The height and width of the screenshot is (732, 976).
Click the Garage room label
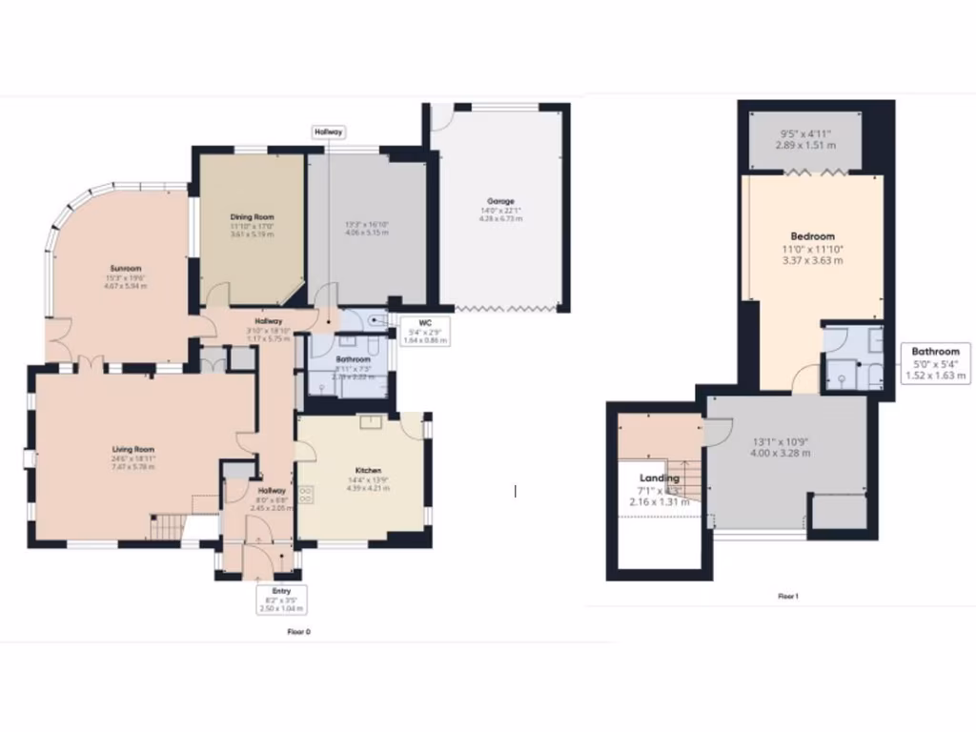pos(500,201)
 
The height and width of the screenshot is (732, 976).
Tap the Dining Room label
pos(252,216)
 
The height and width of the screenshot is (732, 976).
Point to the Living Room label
pos(132,449)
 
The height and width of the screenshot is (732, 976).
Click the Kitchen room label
pos(369,471)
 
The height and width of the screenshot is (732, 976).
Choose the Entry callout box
pos(281,599)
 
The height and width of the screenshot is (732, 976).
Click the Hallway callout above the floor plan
pos(329,132)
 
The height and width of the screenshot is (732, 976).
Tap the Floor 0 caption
pos(299,631)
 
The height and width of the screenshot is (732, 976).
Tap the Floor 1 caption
pos(787,596)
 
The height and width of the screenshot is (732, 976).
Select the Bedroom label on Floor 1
pos(812,236)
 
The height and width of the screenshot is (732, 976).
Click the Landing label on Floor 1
pos(660,478)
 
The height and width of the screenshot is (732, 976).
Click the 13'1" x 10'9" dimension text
pos(781,441)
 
